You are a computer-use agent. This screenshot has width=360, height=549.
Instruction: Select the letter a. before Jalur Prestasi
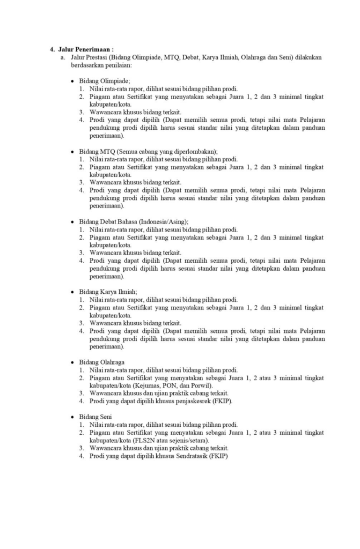pyautogui.click(x=63, y=56)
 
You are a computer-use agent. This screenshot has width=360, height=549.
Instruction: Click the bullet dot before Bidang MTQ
pyautogui.click(x=72, y=152)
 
